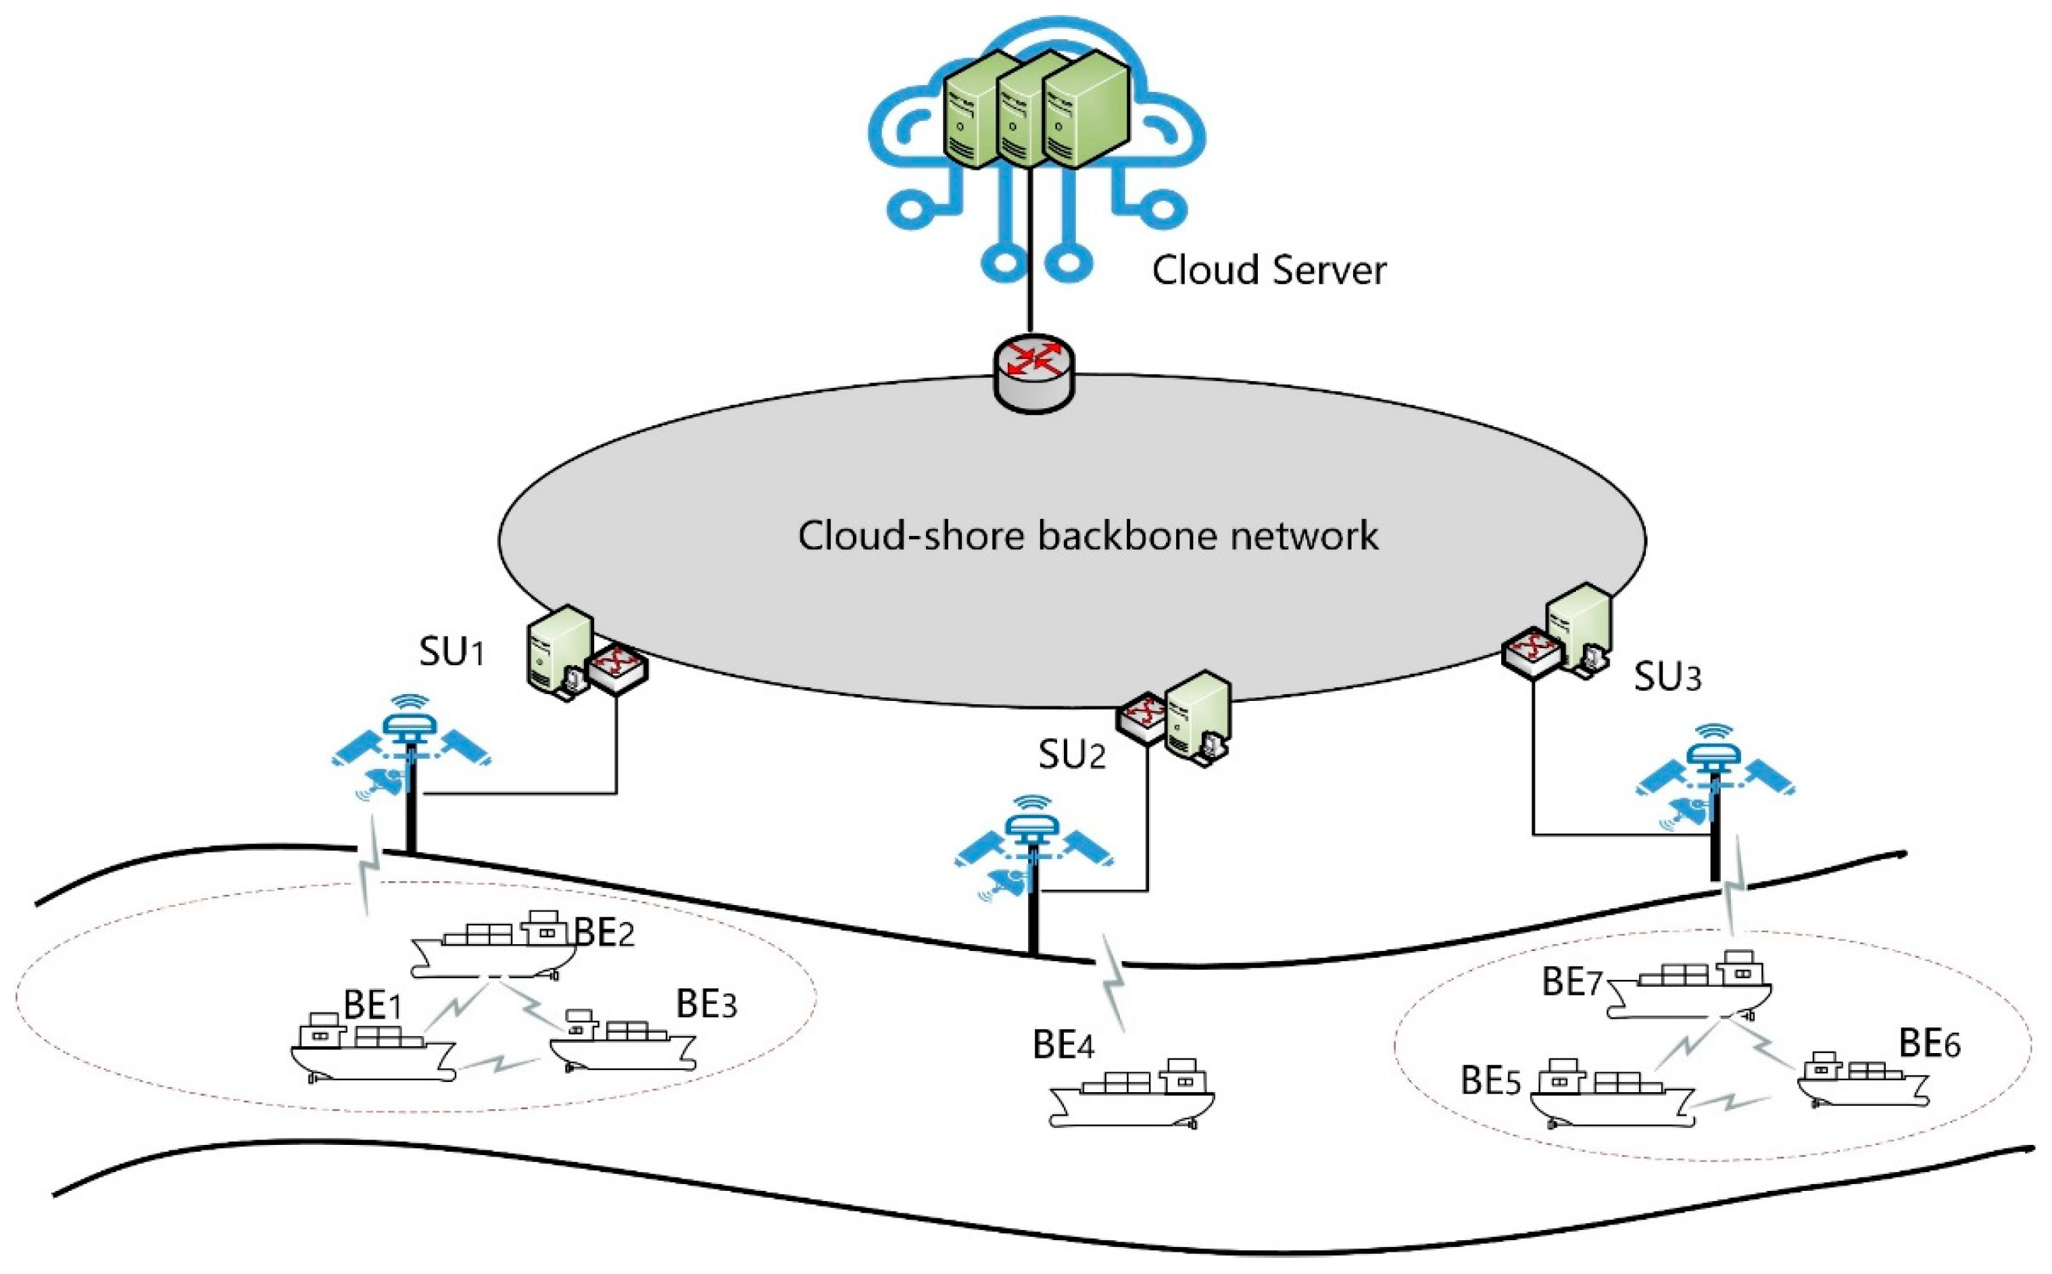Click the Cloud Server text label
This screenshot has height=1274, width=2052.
pos(1268,270)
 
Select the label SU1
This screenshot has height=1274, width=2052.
pos(451,652)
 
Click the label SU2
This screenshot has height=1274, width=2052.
pos(1071,755)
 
